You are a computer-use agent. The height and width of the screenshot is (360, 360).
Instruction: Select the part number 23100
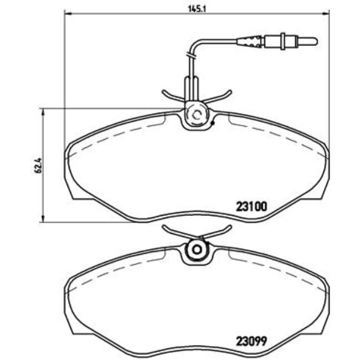click(252, 206)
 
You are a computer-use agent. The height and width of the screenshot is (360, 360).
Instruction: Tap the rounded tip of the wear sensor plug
click(315, 40)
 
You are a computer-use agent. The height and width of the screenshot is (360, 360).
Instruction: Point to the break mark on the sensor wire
click(191, 54)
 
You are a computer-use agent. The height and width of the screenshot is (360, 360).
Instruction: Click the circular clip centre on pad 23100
click(195, 115)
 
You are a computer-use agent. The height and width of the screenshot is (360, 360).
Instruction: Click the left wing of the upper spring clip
click(169, 94)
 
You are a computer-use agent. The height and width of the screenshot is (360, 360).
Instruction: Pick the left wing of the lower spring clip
click(169, 229)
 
